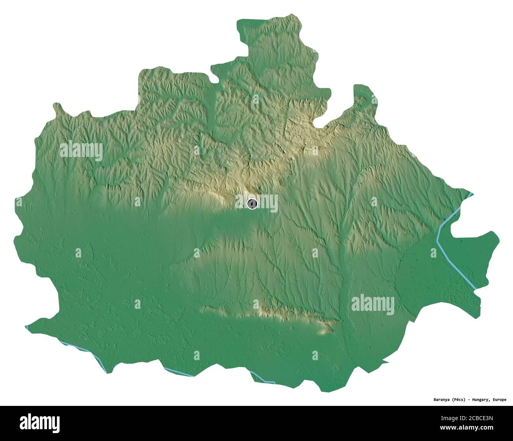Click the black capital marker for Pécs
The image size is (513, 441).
[x=252, y=204]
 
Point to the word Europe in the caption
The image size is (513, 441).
[x=499, y=400]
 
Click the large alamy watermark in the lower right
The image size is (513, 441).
[x=373, y=305]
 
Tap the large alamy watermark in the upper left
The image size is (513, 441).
[x=81, y=151]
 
